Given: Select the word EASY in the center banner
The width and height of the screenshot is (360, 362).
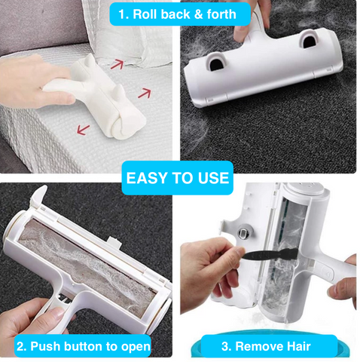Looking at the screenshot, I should [x=146, y=179].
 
